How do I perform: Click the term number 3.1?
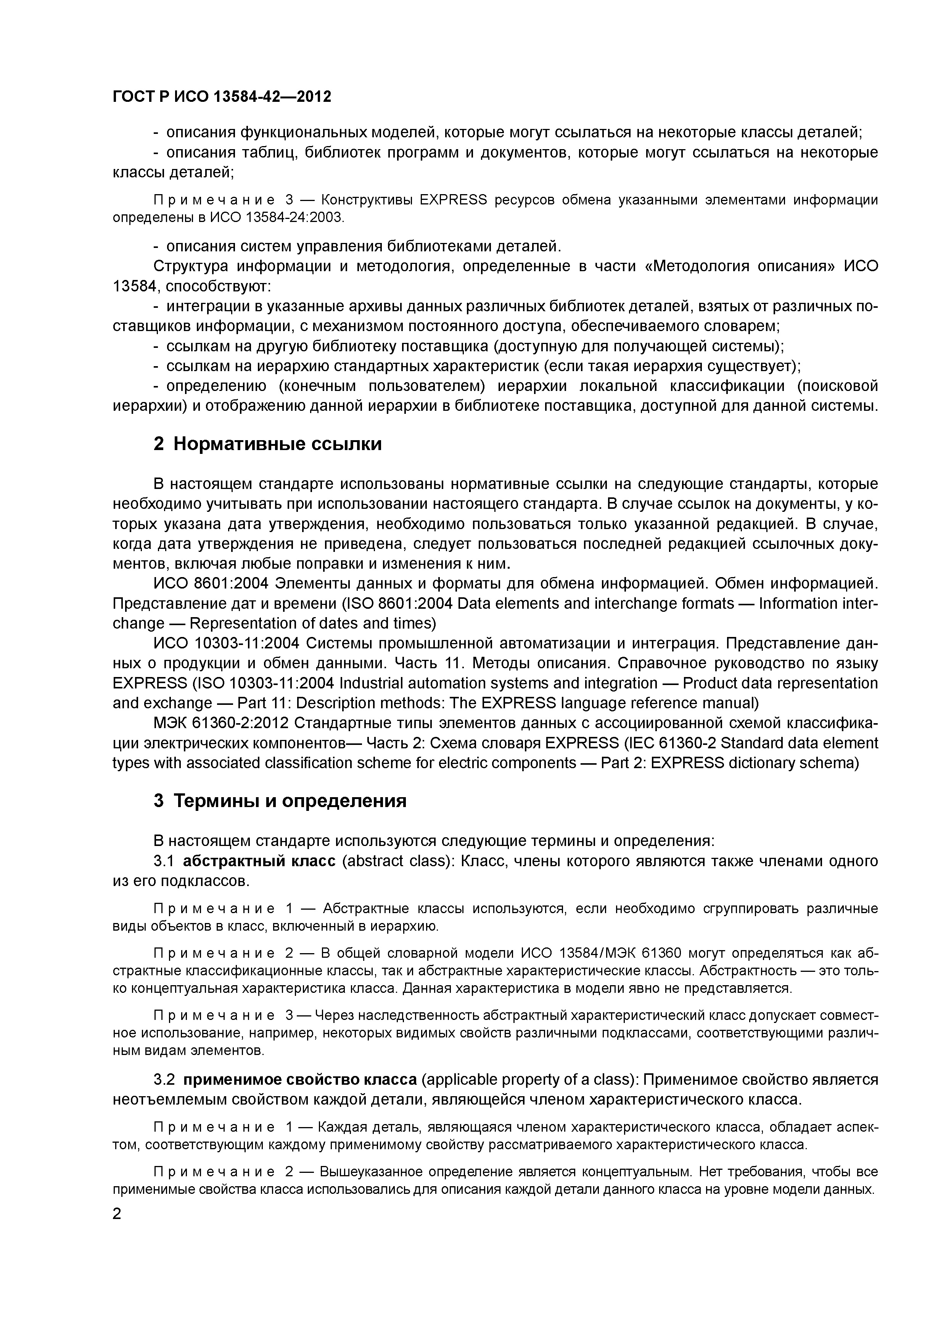(164, 861)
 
